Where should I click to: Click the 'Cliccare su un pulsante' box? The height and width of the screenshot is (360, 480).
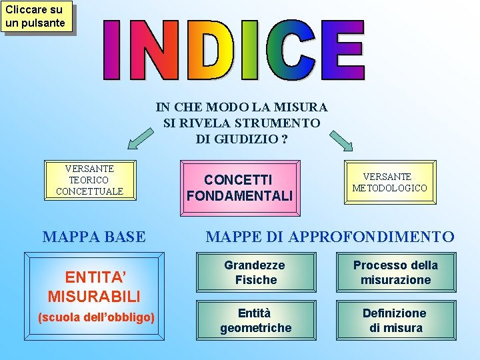[35, 17]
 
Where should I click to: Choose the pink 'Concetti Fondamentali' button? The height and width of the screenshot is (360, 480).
[239, 188]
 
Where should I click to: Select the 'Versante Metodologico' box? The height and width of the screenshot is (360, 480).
[390, 182]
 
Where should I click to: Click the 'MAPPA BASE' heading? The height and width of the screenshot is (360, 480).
[94, 237]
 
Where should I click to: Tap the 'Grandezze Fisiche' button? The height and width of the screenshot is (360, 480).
[255, 273]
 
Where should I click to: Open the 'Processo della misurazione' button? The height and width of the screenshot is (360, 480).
[396, 273]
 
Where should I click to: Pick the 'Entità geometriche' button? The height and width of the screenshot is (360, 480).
[255, 321]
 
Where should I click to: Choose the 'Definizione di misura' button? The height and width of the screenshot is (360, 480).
[396, 321]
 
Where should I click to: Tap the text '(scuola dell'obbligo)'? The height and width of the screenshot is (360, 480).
[97, 317]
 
